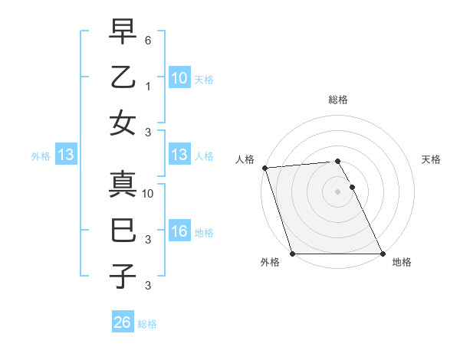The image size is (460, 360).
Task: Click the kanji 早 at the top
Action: coord(123,33)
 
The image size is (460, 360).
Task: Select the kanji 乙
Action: coord(123,78)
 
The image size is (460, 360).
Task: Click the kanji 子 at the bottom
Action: coord(123,276)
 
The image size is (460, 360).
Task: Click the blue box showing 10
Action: coord(179,78)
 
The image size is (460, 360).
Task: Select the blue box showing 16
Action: coord(179,232)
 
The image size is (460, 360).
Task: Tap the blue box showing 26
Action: coord(122,323)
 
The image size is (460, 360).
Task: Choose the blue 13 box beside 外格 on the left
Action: coord(65,155)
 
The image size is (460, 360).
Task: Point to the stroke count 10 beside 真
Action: coord(149,194)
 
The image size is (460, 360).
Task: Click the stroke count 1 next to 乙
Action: coord(149,86)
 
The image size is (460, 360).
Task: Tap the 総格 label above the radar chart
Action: coord(338,100)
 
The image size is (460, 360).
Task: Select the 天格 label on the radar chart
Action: coord(432,159)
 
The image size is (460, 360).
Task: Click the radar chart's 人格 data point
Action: coord(264,168)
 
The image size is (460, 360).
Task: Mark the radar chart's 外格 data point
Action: coord(292,254)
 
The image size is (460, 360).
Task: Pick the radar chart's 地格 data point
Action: coord(383,254)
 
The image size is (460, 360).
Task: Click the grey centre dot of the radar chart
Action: coord(338,191)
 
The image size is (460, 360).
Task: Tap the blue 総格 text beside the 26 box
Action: coord(147,324)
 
